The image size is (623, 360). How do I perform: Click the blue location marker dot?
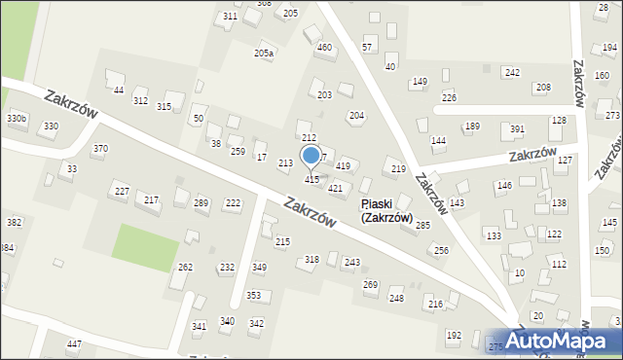[x=311, y=155]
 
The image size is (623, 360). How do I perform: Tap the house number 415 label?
[x=311, y=180]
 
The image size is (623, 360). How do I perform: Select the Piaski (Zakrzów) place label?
[x=386, y=211]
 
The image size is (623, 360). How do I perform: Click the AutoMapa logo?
[x=563, y=342]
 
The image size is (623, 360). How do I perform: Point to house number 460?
[x=324, y=47]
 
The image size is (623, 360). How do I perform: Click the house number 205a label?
[x=264, y=53]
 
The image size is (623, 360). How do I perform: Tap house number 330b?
[x=17, y=118]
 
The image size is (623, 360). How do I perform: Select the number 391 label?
[x=517, y=128]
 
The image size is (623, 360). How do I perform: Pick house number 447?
[x=74, y=344]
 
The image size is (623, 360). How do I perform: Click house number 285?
[x=422, y=225]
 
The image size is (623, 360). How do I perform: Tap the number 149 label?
[x=420, y=81]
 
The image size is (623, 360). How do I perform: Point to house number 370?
[x=99, y=149]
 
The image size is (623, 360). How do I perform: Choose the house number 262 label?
[x=185, y=267]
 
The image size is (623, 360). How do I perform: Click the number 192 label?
[x=454, y=335]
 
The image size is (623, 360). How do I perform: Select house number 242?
[x=512, y=73]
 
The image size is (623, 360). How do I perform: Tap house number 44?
[x=119, y=90]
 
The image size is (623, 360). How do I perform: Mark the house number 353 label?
[x=253, y=295]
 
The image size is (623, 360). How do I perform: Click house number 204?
[x=357, y=116]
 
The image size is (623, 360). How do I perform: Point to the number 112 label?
[x=559, y=264]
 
